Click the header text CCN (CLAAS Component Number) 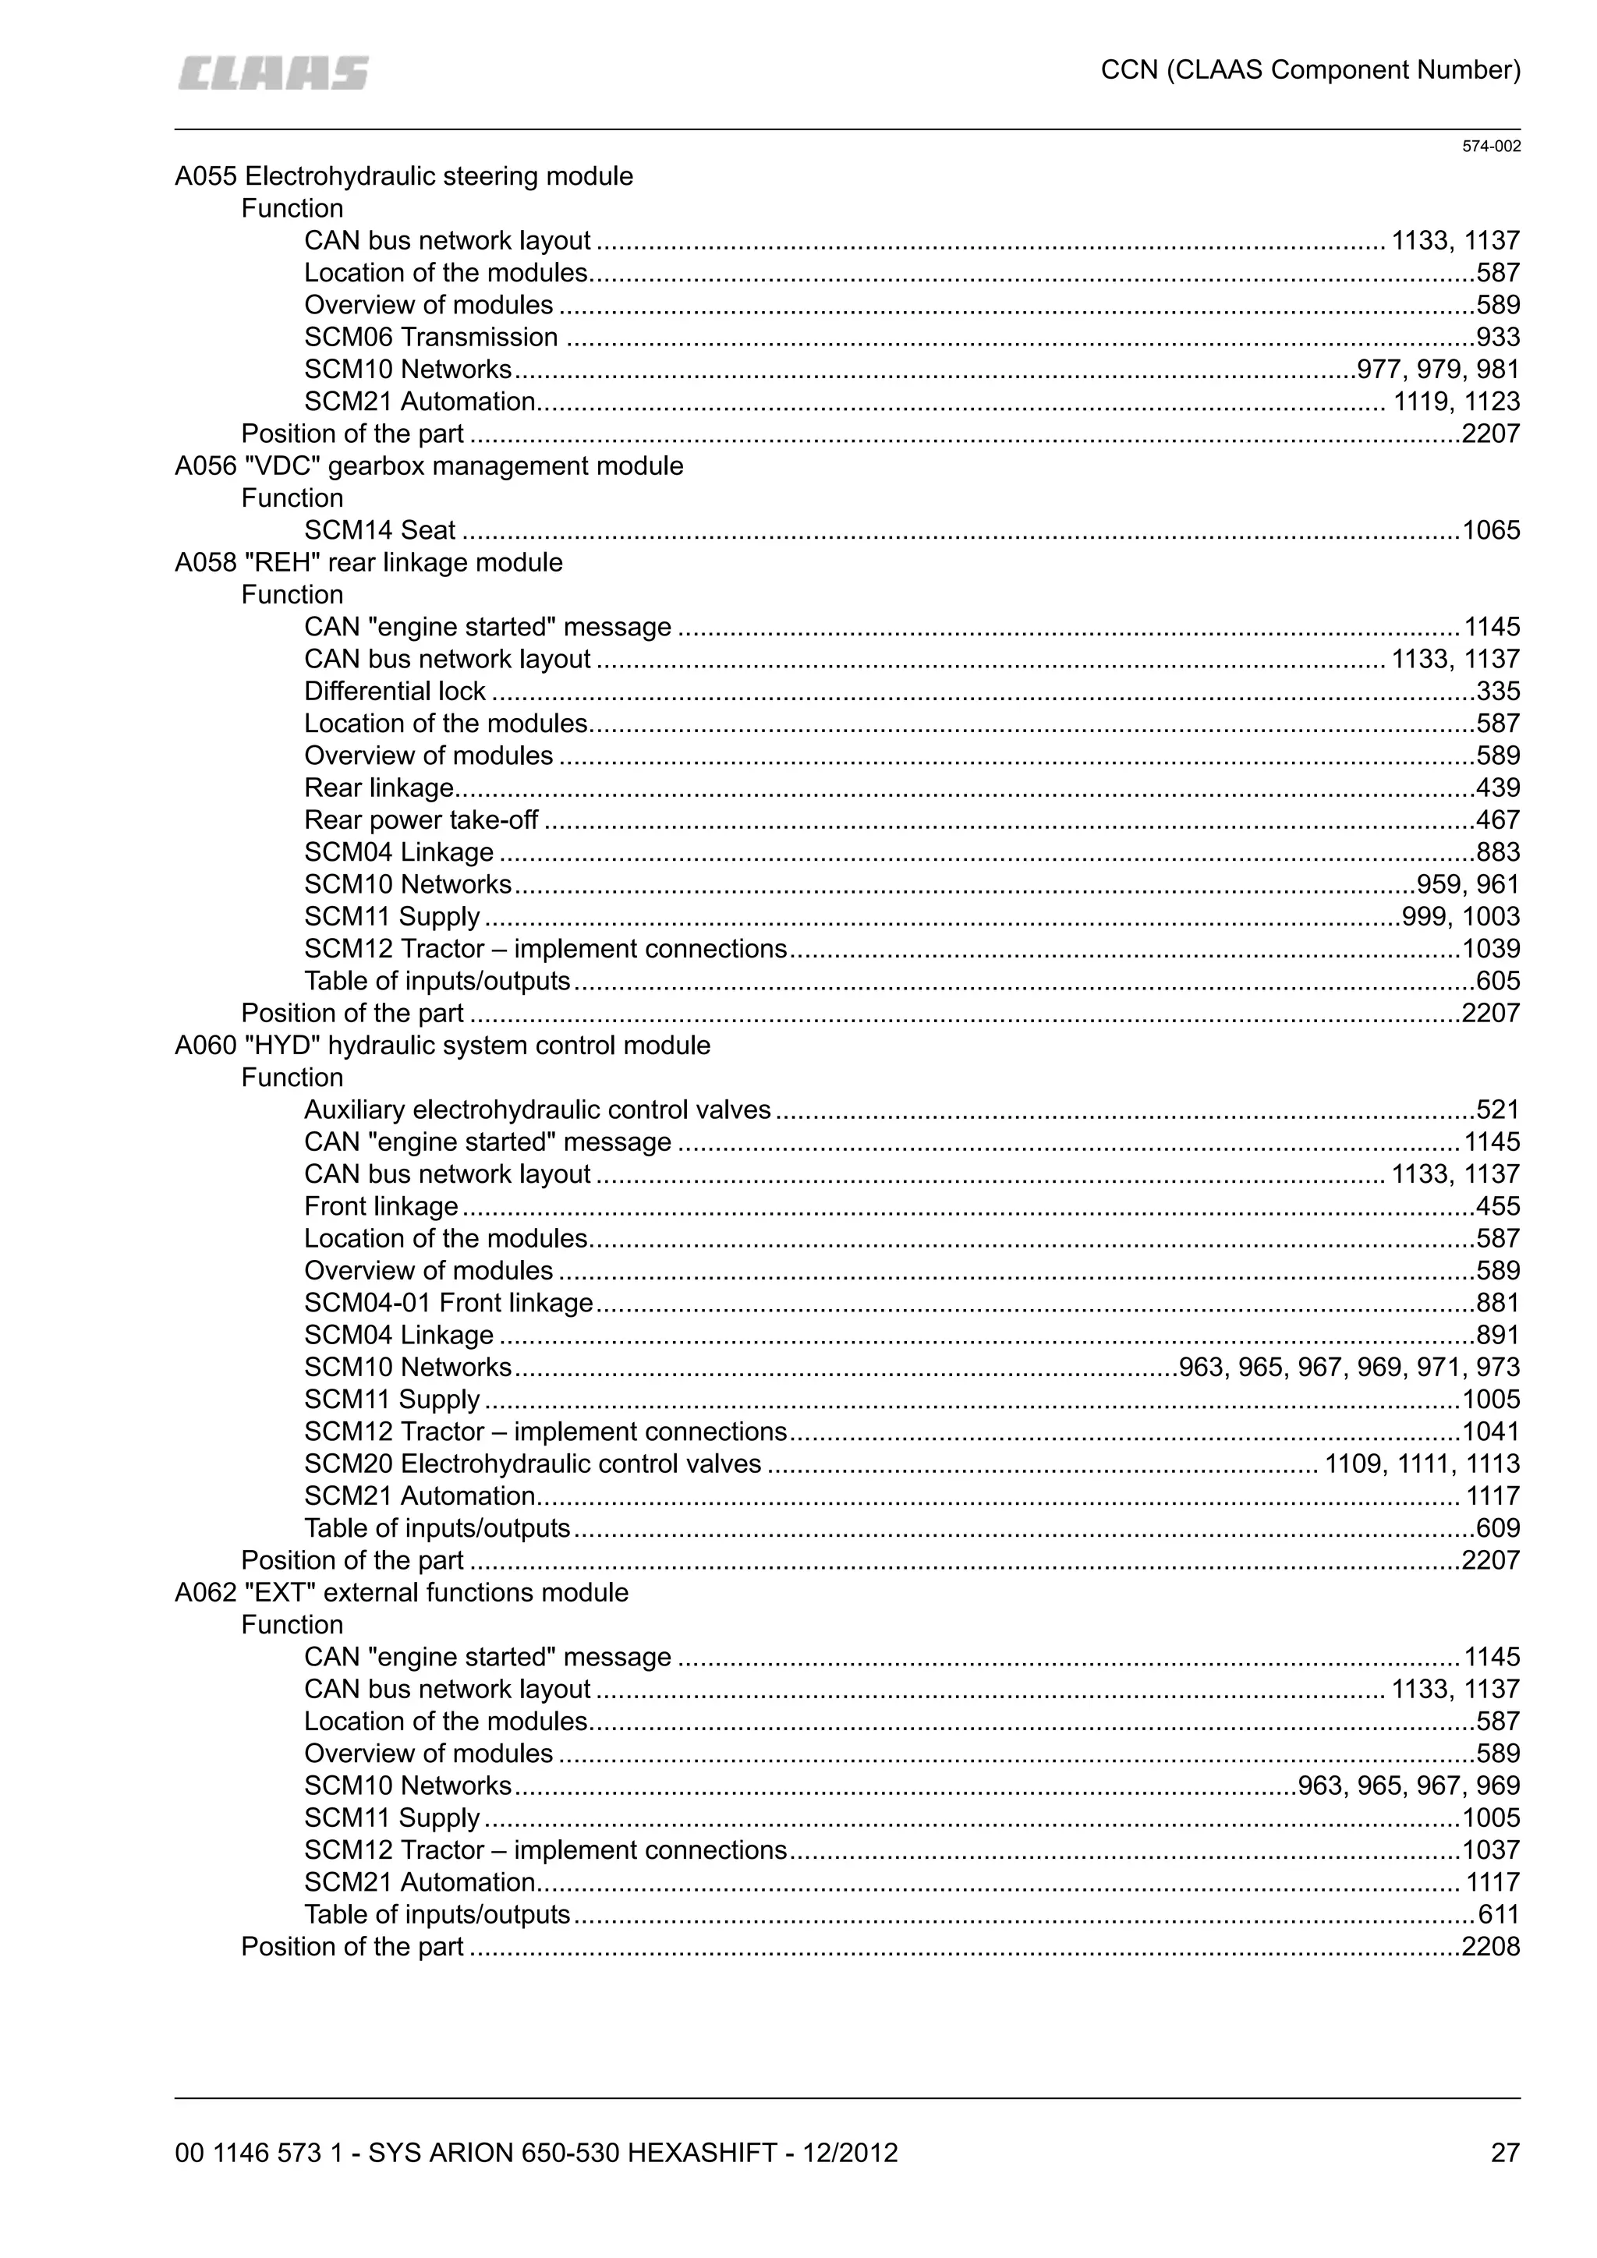(1310, 70)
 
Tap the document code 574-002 (1491, 147)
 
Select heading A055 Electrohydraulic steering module (403, 177)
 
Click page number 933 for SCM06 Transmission (1498, 338)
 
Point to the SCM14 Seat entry (380, 531)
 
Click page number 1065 (1491, 531)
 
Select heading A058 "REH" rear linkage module (369, 562)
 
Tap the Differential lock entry (395, 692)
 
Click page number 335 (1498, 692)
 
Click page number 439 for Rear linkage (1498, 787)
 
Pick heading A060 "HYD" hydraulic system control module (442, 1046)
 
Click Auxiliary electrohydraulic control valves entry (537, 1110)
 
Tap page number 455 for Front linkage (1498, 1207)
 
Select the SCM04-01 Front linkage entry (448, 1303)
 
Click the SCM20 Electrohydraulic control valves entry (532, 1464)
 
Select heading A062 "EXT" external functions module (402, 1592)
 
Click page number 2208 (1491, 1946)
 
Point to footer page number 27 (1504, 2154)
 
